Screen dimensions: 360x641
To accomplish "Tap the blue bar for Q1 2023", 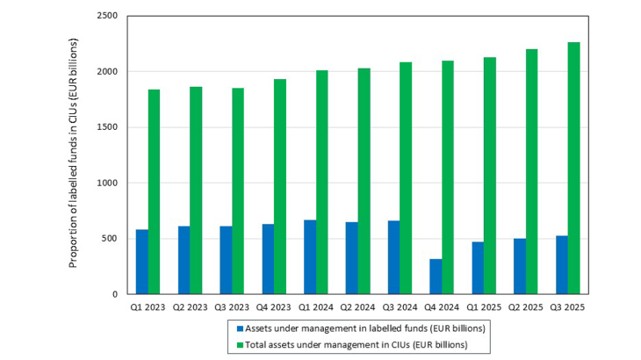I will [x=141, y=262].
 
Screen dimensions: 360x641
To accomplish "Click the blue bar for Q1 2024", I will [x=310, y=257].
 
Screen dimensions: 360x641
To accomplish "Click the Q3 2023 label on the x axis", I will [x=232, y=306].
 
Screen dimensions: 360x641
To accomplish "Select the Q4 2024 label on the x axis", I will [x=442, y=306].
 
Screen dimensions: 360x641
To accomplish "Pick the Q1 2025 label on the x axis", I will [x=484, y=306].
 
